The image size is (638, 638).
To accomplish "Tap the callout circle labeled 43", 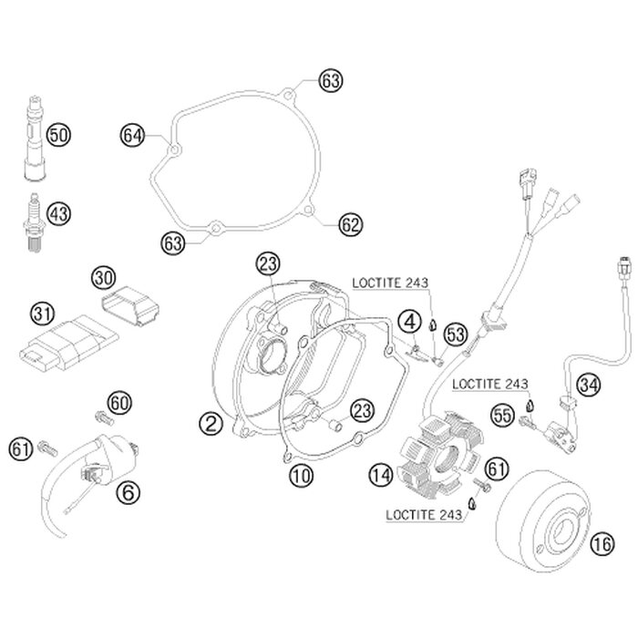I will click(x=58, y=214).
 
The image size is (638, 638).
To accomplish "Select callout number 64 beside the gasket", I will click(x=133, y=136).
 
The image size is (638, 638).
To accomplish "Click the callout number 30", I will click(x=103, y=275).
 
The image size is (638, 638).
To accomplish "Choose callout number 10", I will click(x=301, y=474).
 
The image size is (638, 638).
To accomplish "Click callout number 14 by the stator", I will click(x=381, y=474).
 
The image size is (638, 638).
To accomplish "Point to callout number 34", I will click(x=590, y=386).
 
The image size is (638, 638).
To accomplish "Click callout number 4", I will click(x=411, y=321).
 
